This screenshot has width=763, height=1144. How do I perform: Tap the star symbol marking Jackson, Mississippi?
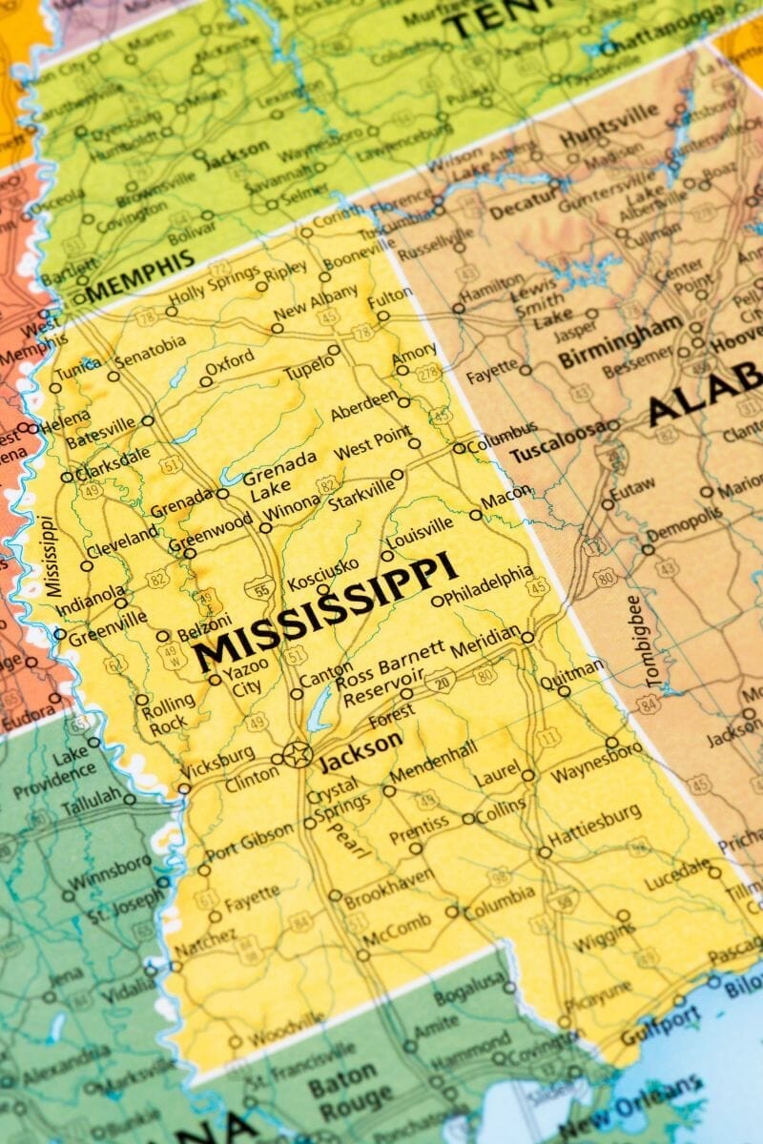[298, 754]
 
